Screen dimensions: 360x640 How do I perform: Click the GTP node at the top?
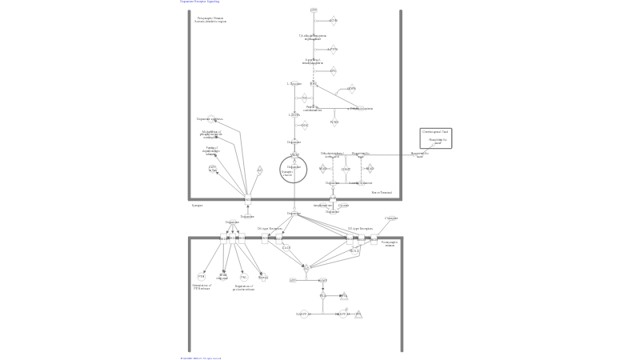[x=314, y=10]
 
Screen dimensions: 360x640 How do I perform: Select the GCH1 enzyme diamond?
[x=333, y=21]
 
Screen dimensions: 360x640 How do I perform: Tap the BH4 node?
[x=314, y=83]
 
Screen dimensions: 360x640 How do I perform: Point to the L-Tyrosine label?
[x=294, y=83]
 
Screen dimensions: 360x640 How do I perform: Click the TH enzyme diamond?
[x=304, y=98]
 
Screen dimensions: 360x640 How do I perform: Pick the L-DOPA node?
[x=294, y=114]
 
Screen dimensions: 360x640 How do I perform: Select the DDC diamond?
[x=304, y=125]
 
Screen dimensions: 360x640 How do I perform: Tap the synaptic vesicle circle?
[x=294, y=169]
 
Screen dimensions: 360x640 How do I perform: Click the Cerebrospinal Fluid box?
[x=436, y=137]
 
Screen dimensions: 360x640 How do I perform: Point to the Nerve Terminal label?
[x=382, y=192]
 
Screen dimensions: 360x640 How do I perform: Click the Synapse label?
[x=197, y=206]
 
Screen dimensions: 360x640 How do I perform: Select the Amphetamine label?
[x=322, y=206]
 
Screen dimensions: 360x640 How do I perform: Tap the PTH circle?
[x=202, y=277]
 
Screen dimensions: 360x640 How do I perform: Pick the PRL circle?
[x=243, y=277]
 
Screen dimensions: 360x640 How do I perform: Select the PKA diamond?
[x=323, y=296]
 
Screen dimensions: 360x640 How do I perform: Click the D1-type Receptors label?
[x=270, y=229]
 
